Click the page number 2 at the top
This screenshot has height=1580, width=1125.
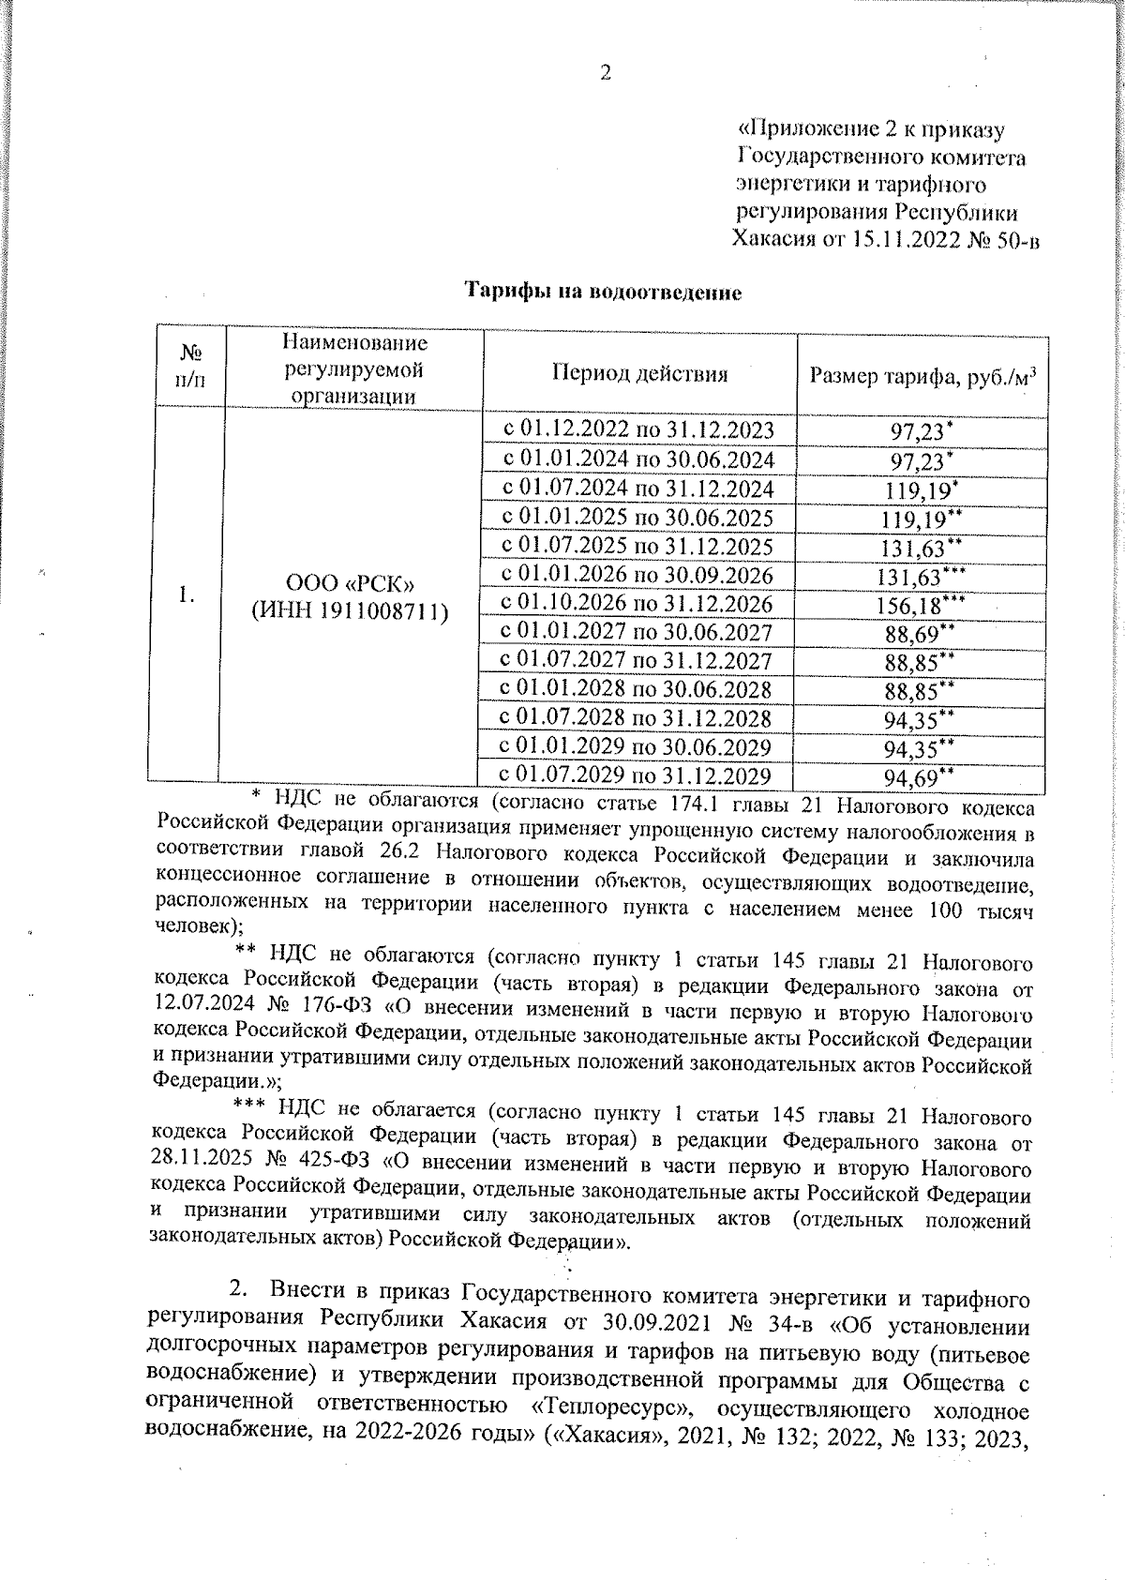tap(606, 73)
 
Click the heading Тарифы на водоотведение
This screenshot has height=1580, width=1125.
tap(605, 293)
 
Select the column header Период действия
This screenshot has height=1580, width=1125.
tap(639, 374)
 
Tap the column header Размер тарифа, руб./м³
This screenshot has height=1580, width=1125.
tap(922, 377)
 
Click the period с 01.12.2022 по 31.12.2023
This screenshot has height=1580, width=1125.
tap(638, 430)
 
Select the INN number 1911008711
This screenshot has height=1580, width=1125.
tap(380, 611)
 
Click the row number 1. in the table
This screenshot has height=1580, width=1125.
tap(187, 594)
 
